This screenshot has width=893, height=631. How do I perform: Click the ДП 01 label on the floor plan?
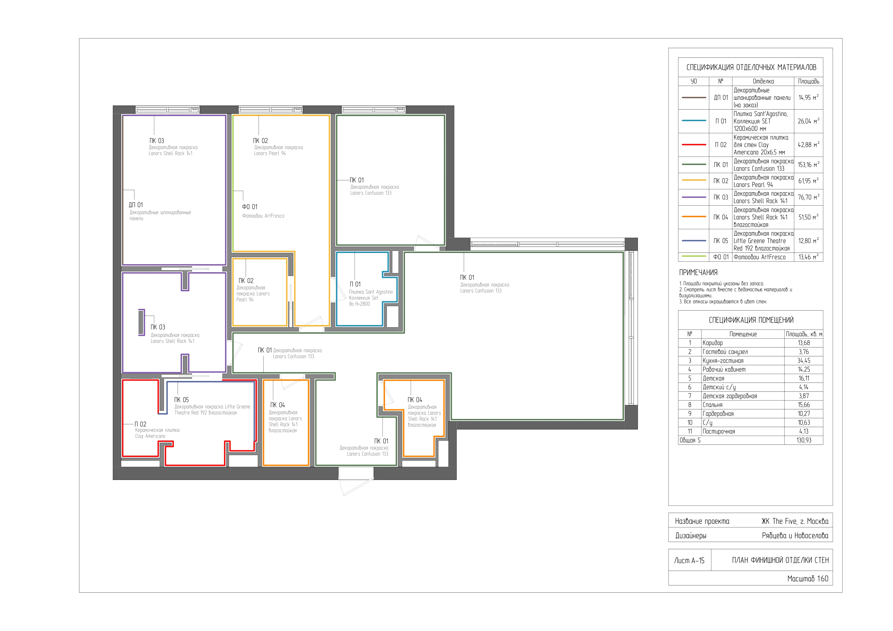pyautogui.click(x=136, y=205)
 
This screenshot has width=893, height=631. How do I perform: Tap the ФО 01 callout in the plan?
pyautogui.click(x=250, y=207)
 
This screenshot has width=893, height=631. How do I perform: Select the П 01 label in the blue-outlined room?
pyautogui.click(x=355, y=284)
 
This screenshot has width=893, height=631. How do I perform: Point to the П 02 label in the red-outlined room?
pyautogui.click(x=140, y=424)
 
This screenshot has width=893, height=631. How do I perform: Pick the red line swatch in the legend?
pyautogui.click(x=694, y=145)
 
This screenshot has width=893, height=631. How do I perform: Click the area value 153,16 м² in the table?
pyautogui.click(x=808, y=165)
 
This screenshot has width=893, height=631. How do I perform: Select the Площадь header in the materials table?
pyautogui.click(x=809, y=81)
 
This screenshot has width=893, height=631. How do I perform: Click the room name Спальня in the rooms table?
pyautogui.click(x=712, y=405)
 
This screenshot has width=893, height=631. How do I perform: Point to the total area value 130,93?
pyautogui.click(x=804, y=440)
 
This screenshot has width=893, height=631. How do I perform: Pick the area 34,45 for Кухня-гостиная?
pyautogui.click(x=804, y=360)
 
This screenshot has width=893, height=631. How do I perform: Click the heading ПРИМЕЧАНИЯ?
pyautogui.click(x=699, y=272)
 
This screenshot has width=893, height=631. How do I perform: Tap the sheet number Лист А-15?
pyautogui.click(x=689, y=560)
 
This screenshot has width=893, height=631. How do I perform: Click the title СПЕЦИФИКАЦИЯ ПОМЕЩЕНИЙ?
pyautogui.click(x=751, y=320)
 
